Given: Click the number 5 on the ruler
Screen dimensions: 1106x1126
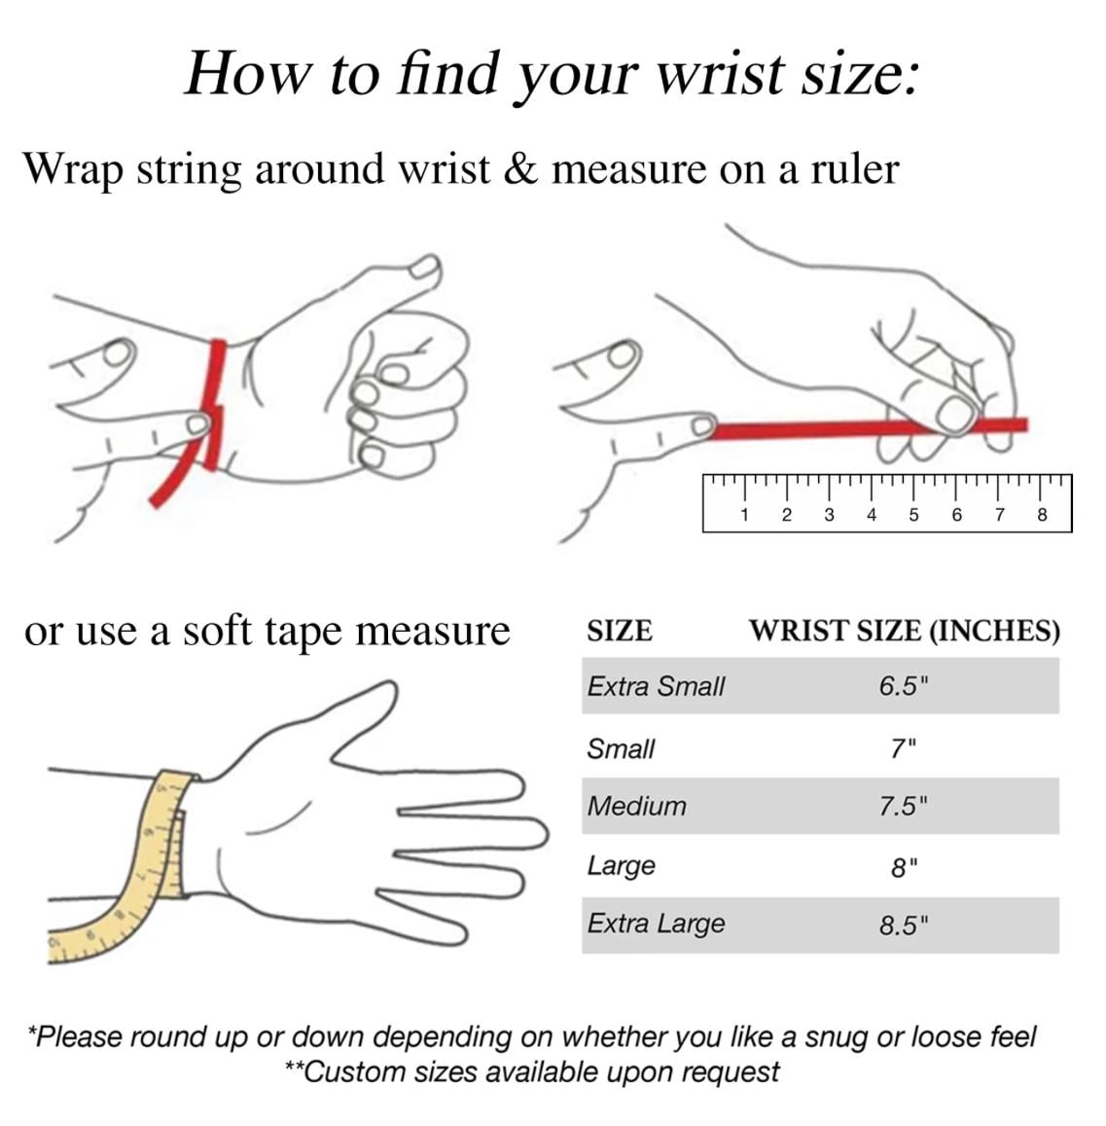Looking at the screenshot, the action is pos(913,515).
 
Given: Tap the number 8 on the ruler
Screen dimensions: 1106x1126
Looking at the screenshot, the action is pos(1042,515).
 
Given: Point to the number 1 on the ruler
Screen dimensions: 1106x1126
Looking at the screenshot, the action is pos(744,515).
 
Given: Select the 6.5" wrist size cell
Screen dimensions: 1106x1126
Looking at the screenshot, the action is pos(904,686).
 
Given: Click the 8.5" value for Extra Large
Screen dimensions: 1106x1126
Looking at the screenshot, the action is pos(904,925).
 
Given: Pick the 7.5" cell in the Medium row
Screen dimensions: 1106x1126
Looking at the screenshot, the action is pos(904,806).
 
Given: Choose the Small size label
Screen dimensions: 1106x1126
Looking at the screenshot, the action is pos(621,749).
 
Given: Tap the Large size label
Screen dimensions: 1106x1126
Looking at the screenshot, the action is pos(622,866).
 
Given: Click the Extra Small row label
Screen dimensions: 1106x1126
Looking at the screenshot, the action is pos(656,686).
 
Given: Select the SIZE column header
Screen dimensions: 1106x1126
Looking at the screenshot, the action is pos(620,631).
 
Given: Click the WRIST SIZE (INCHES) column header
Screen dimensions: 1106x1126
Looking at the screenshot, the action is pos(905,631).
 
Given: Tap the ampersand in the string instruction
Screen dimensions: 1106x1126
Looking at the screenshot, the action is pos(520,168).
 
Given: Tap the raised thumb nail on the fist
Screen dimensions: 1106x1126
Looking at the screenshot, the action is pos(423,269).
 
